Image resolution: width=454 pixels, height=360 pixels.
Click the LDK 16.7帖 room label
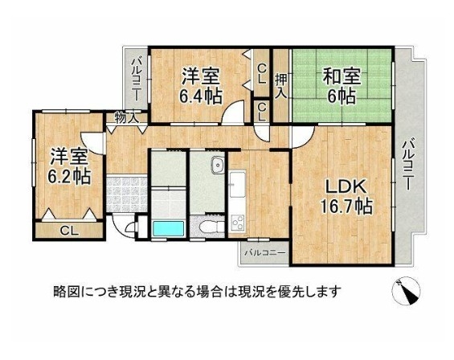coord(346,197)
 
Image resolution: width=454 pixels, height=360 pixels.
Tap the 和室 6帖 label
coord(342,86)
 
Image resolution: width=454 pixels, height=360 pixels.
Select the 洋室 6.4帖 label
coord(200,86)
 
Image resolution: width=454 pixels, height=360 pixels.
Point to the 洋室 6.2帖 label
coord(69,166)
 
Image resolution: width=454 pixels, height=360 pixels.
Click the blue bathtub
coord(168,229)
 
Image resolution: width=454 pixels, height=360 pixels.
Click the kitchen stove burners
coord(238,223)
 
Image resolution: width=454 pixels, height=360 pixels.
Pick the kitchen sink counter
coord(237,184)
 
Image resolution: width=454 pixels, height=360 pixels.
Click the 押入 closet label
coord(281,87)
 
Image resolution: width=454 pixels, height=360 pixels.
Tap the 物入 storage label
coord(126,118)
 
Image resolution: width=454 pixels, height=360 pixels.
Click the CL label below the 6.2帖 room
coord(69,231)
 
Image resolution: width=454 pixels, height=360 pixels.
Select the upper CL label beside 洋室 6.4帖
coord(262,74)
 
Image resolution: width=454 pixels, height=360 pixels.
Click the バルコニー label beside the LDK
coord(408,165)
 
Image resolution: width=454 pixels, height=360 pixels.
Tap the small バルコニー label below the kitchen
coord(265,253)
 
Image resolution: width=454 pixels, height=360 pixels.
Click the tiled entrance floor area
coord(126,194)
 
